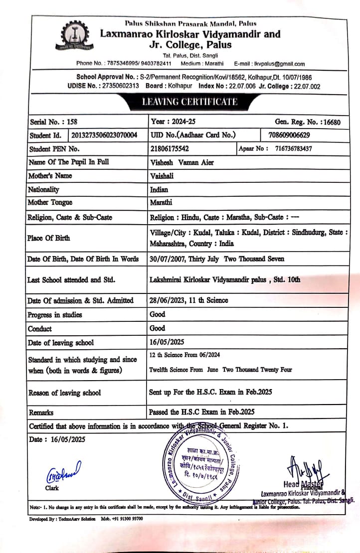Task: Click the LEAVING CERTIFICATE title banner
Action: coord(189,102)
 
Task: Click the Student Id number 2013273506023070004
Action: coord(105,135)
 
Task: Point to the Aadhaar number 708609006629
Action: coord(289,135)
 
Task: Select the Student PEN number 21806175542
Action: coord(169,148)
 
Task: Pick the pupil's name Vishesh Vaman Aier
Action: coord(182,162)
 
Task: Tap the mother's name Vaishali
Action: coord(163,176)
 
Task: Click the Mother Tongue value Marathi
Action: coord(161,203)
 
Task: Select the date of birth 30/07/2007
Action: coord(167,259)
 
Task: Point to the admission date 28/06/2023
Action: coord(167,300)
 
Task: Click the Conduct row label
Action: coord(40,329)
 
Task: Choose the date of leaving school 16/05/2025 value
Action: coord(167,342)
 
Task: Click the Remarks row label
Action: coord(41,413)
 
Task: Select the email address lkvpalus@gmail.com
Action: coord(279,64)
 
